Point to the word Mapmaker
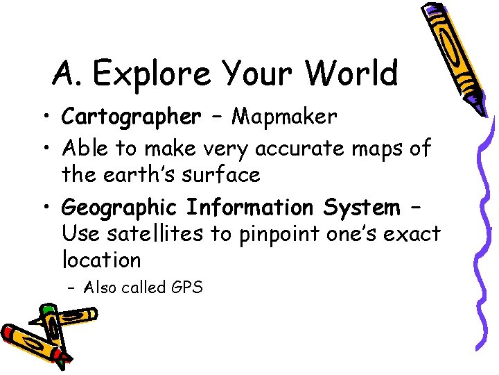(x=284, y=117)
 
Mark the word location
(x=101, y=260)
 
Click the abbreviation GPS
(x=186, y=287)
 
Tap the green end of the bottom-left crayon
(x=48, y=310)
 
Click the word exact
(x=412, y=235)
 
